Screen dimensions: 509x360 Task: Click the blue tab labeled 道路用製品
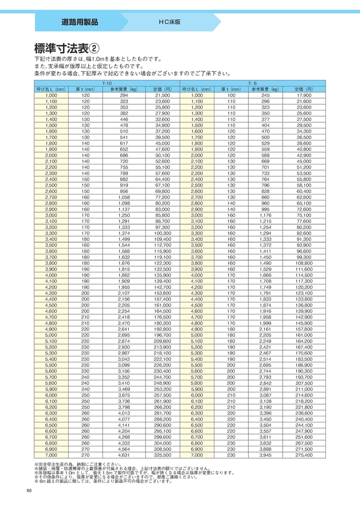coord(79,22)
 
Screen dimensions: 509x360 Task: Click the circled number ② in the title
coord(95,48)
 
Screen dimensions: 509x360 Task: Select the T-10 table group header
coord(107,83)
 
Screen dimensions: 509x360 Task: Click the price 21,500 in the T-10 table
coord(162,95)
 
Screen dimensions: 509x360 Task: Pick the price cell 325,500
coord(162,456)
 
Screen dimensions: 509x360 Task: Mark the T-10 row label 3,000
coord(51,215)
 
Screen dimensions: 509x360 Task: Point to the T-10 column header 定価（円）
coord(162,89)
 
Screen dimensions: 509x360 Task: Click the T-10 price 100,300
coord(162,233)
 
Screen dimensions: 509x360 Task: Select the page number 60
coord(29,490)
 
